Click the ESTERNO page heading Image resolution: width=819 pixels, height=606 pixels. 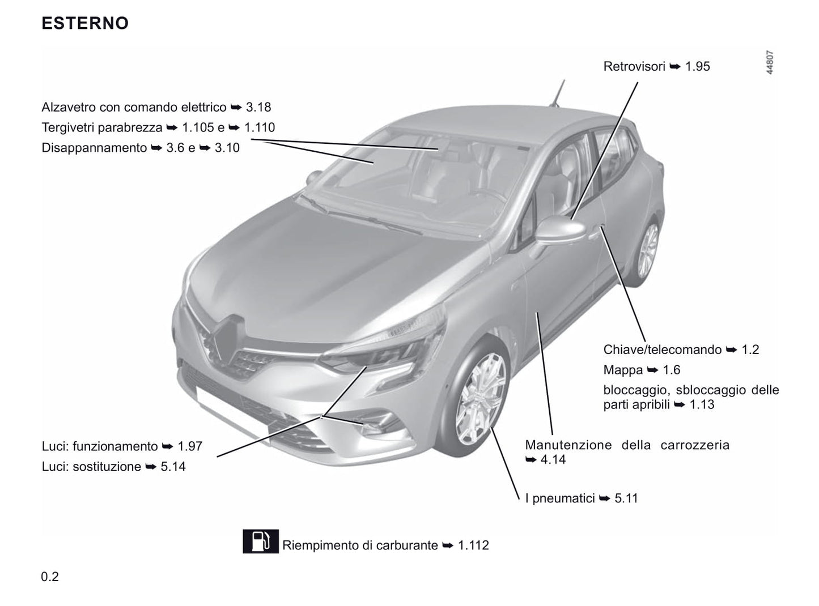[x=85, y=23]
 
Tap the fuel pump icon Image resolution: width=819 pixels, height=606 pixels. [x=260, y=541]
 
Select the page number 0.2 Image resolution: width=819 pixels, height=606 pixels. [x=50, y=577]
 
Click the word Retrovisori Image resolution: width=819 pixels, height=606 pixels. [x=634, y=66]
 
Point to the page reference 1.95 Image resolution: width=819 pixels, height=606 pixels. [x=697, y=66]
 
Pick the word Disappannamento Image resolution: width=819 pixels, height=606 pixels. [x=94, y=148]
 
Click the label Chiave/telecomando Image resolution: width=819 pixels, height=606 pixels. [x=662, y=349]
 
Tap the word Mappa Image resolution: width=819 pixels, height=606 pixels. [x=623, y=370]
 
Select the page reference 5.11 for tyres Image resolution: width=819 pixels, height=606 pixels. [x=626, y=498]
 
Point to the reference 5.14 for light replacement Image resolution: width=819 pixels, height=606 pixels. [x=173, y=467]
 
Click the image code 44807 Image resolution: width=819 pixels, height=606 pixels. [x=769, y=62]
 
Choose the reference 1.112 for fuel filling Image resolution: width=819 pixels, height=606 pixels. [x=473, y=545]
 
